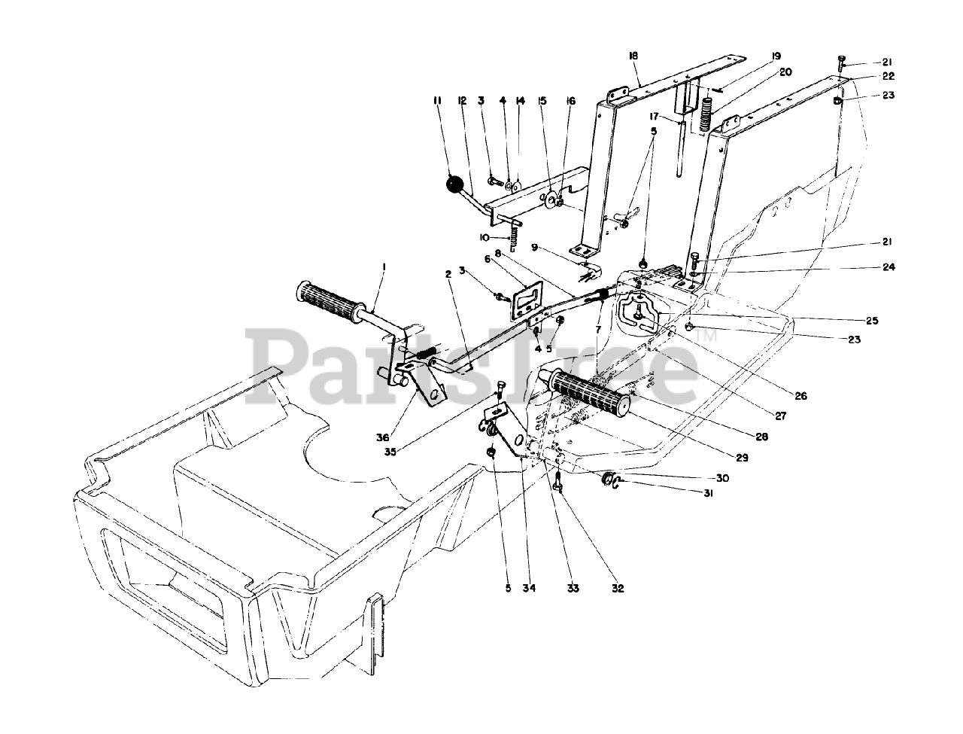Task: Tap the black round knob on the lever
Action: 454,184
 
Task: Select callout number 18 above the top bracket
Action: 633,56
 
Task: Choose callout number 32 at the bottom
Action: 618,589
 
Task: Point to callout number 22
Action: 867,77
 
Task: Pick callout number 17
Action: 655,117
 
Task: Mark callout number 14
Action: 519,100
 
